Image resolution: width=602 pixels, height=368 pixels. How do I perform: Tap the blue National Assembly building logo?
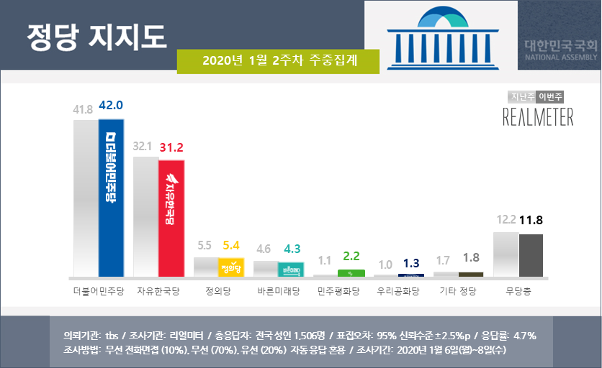[440, 37]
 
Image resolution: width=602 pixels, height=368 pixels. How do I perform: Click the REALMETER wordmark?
[538, 117]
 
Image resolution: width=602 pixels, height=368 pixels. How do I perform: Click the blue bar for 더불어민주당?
[112, 198]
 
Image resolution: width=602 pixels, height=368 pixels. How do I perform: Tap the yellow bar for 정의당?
[231, 267]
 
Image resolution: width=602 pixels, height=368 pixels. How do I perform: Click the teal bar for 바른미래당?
[291, 270]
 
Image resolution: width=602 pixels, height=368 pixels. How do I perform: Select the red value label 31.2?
[171, 148]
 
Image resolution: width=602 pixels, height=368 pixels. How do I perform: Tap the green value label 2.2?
[351, 257]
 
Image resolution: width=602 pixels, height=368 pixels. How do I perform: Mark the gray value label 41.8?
[84, 109]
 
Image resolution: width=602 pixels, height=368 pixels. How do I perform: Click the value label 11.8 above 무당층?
[531, 220]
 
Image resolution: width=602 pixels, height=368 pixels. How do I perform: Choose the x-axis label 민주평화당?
[337, 292]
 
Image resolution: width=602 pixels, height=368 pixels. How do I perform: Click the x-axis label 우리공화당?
[397, 292]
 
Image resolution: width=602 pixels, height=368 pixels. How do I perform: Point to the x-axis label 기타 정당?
[457, 292]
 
